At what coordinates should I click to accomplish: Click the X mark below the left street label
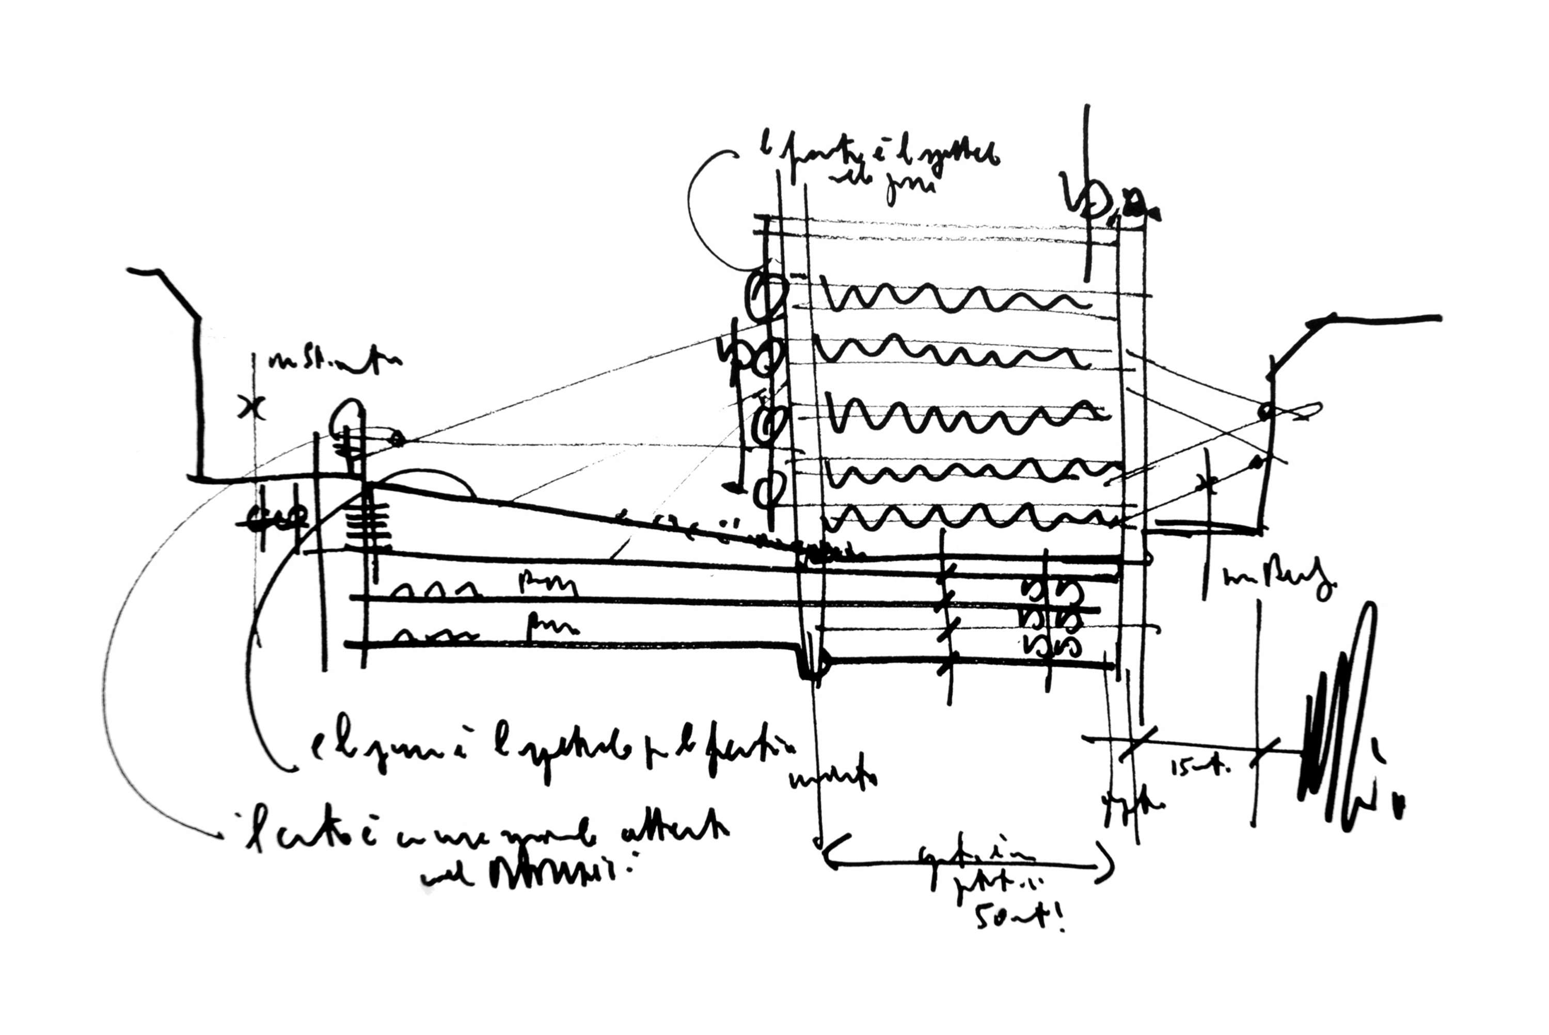[251, 407]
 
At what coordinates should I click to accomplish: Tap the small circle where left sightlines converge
[398, 438]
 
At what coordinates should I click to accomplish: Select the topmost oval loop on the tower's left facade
[766, 294]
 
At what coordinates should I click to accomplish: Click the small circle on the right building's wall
[1265, 412]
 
